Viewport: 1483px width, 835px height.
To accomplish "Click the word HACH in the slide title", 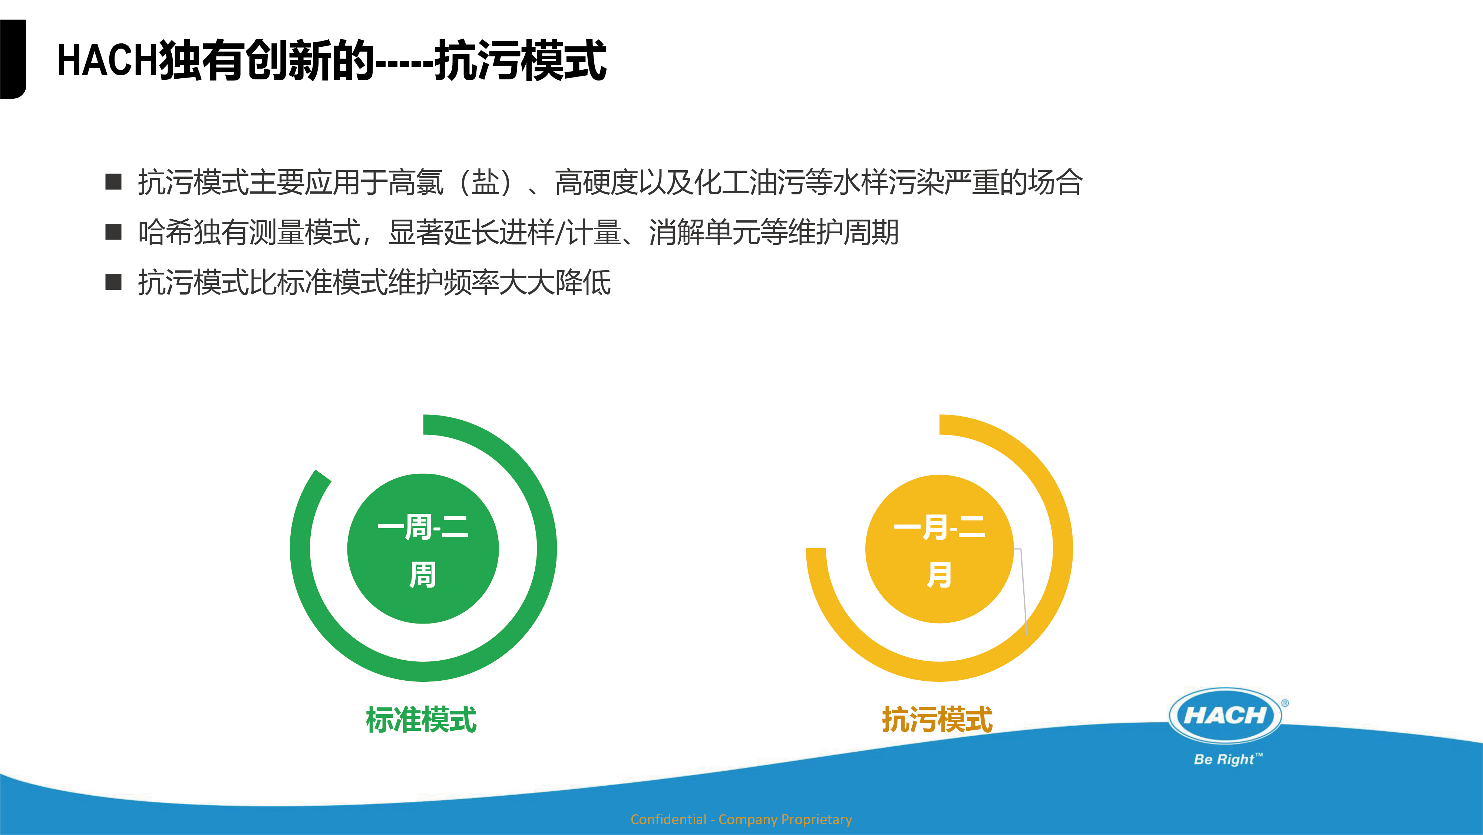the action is (108, 60).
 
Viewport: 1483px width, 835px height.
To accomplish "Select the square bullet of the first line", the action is (113, 182).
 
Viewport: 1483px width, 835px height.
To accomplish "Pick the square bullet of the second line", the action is (113, 232).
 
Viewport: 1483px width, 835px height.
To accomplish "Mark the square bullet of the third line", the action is (113, 282).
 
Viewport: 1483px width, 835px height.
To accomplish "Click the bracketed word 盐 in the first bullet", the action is (485, 183).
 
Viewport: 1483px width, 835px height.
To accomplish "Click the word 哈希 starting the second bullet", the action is (166, 233).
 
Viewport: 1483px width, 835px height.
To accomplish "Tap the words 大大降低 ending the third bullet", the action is (555, 283).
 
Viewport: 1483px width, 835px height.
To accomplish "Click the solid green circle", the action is (423, 548).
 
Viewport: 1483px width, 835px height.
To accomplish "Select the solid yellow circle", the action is (939, 549).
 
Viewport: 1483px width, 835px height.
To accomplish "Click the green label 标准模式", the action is (422, 720).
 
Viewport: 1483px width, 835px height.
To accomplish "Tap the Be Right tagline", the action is (1228, 759).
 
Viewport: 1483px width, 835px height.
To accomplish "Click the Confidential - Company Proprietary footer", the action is (741, 819).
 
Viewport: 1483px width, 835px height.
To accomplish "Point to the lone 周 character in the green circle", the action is (423, 575).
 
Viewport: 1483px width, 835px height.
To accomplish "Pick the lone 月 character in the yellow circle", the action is (939, 575).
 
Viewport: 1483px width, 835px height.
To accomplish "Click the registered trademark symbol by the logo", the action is (1285, 703).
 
